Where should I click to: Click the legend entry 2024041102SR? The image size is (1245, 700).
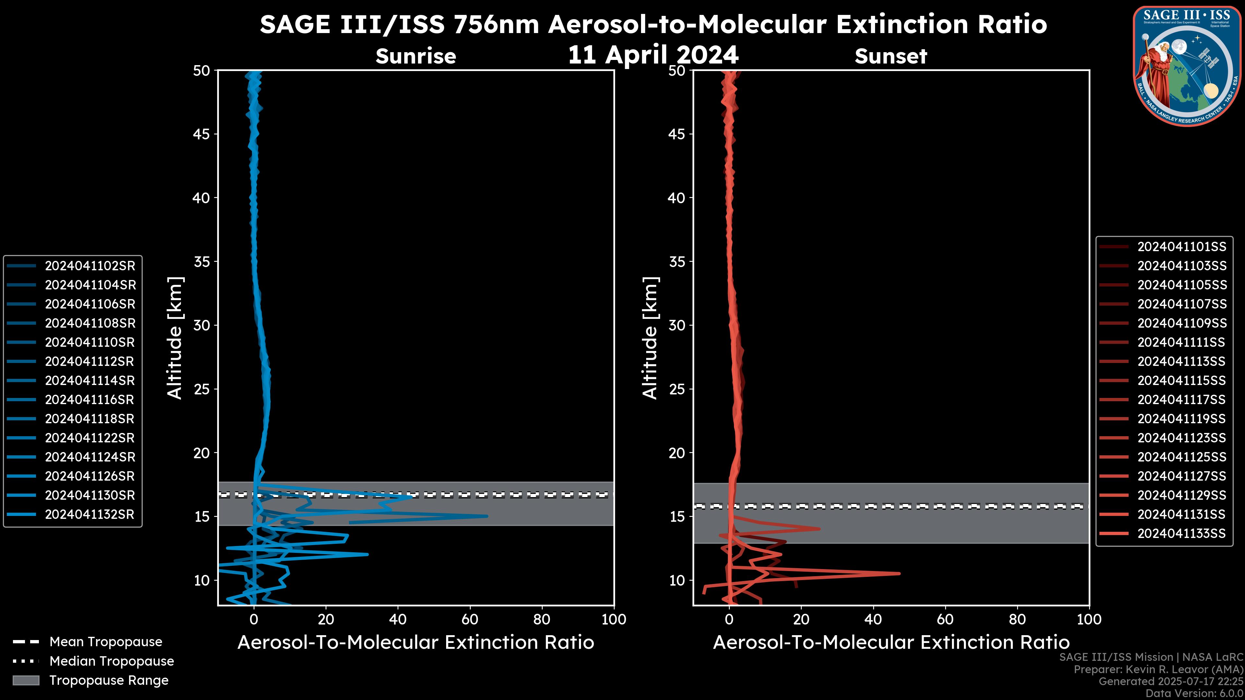(90, 266)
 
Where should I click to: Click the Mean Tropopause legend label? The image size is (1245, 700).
(106, 642)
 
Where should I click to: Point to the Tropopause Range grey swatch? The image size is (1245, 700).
(26, 680)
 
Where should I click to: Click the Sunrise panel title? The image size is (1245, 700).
(416, 56)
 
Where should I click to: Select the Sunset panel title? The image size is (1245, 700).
(891, 56)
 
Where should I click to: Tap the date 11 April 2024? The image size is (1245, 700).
(653, 54)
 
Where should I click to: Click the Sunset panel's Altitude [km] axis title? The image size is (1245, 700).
(650, 338)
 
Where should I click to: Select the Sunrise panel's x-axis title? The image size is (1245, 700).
(416, 643)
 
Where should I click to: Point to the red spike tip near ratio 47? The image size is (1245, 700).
(899, 573)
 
